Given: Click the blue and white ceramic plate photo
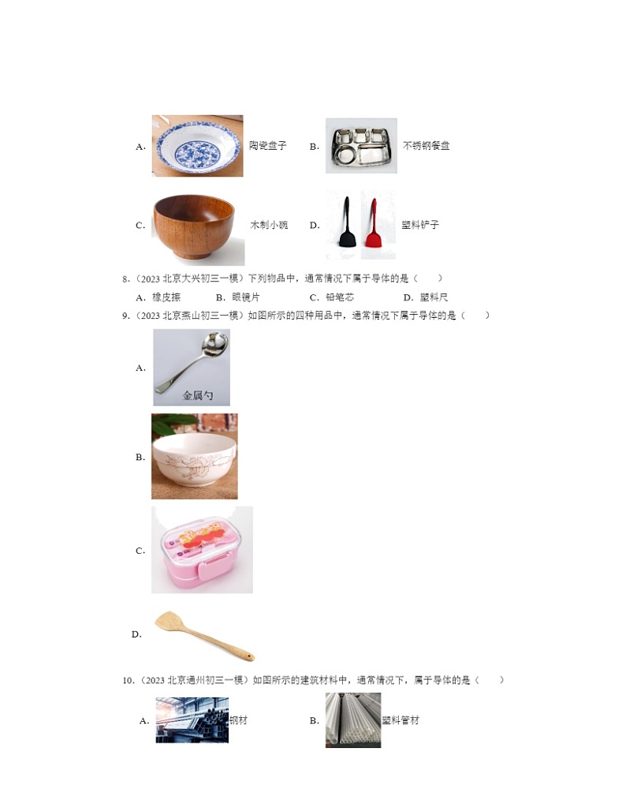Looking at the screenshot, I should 197,145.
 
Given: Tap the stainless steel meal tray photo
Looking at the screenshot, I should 361,146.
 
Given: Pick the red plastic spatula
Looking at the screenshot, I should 371,224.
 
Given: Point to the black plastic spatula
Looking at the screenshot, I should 346,224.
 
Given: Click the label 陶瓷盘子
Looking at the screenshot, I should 267,146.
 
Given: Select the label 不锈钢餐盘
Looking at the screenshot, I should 426,146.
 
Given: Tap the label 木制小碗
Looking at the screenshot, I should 269,225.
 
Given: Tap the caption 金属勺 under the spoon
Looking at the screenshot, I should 198,396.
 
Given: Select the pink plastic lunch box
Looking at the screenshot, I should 202,550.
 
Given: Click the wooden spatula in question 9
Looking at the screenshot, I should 203,634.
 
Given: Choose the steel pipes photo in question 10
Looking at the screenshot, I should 192,719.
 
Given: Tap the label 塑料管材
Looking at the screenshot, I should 401,720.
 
